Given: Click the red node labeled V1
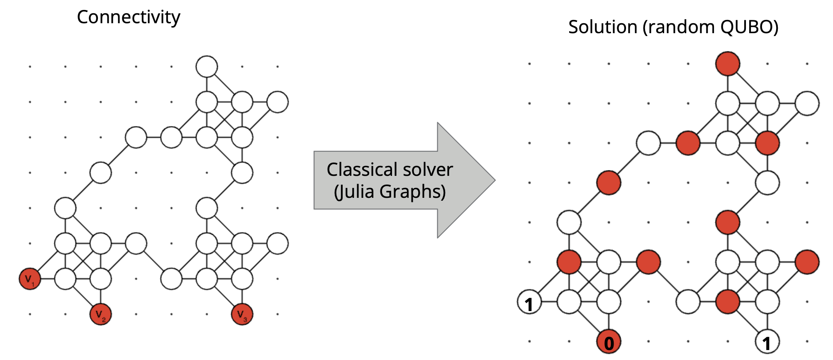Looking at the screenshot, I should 30,279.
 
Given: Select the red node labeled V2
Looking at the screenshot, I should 100,314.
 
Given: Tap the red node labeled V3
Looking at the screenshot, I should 242,314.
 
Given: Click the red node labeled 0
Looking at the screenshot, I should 609,342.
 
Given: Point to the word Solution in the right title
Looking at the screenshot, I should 603,27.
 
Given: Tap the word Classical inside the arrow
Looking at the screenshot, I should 360,170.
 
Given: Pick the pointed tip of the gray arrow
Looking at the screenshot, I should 494,180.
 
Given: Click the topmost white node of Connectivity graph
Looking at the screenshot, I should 207,66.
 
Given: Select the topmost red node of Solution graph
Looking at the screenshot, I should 728,64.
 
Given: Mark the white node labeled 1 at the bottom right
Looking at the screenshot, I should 767,342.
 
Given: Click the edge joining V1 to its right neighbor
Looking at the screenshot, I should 47,279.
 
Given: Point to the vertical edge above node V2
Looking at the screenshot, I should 100,297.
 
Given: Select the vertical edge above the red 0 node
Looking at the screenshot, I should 609,322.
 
